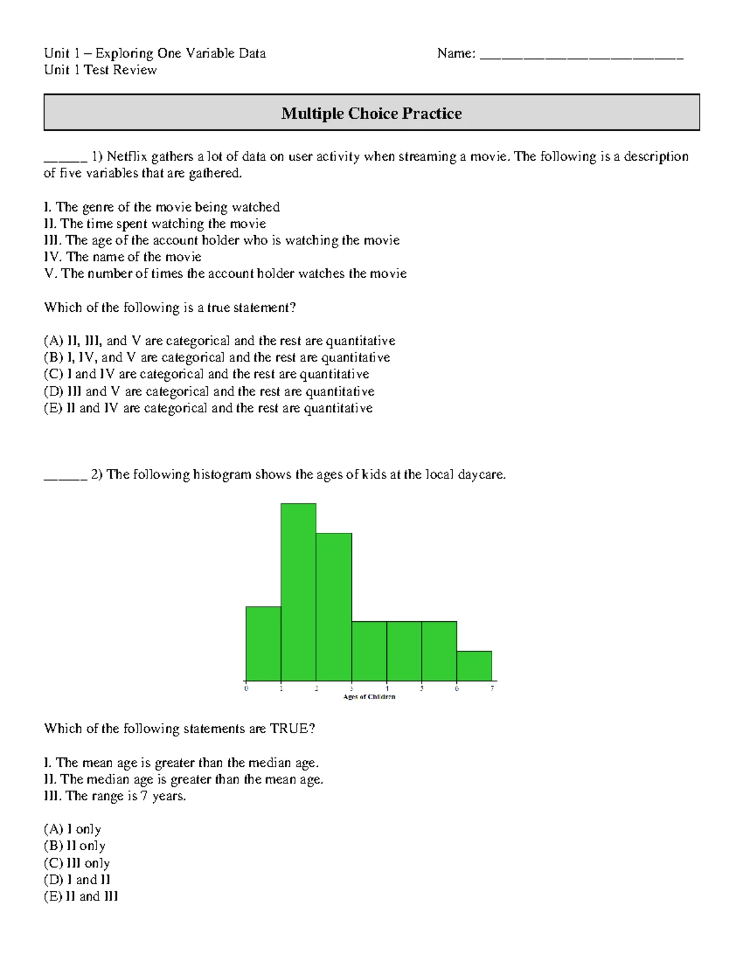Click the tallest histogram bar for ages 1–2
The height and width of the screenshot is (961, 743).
298,592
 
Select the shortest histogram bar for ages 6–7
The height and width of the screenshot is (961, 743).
474,666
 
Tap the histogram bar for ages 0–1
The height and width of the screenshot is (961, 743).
263,644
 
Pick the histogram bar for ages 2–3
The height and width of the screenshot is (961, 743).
334,606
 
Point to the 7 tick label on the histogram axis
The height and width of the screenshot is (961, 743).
492,689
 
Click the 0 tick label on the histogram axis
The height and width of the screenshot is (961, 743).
246,689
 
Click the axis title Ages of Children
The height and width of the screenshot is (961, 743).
369,697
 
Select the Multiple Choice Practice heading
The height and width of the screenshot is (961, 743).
371,113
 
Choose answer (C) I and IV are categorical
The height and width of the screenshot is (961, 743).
206,374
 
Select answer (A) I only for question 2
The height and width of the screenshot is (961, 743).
72,829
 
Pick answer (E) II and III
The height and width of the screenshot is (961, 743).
80,897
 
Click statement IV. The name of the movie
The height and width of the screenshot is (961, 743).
123,257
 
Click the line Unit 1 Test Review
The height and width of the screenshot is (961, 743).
100,70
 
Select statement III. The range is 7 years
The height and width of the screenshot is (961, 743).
115,796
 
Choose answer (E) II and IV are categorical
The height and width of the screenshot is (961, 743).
208,408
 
